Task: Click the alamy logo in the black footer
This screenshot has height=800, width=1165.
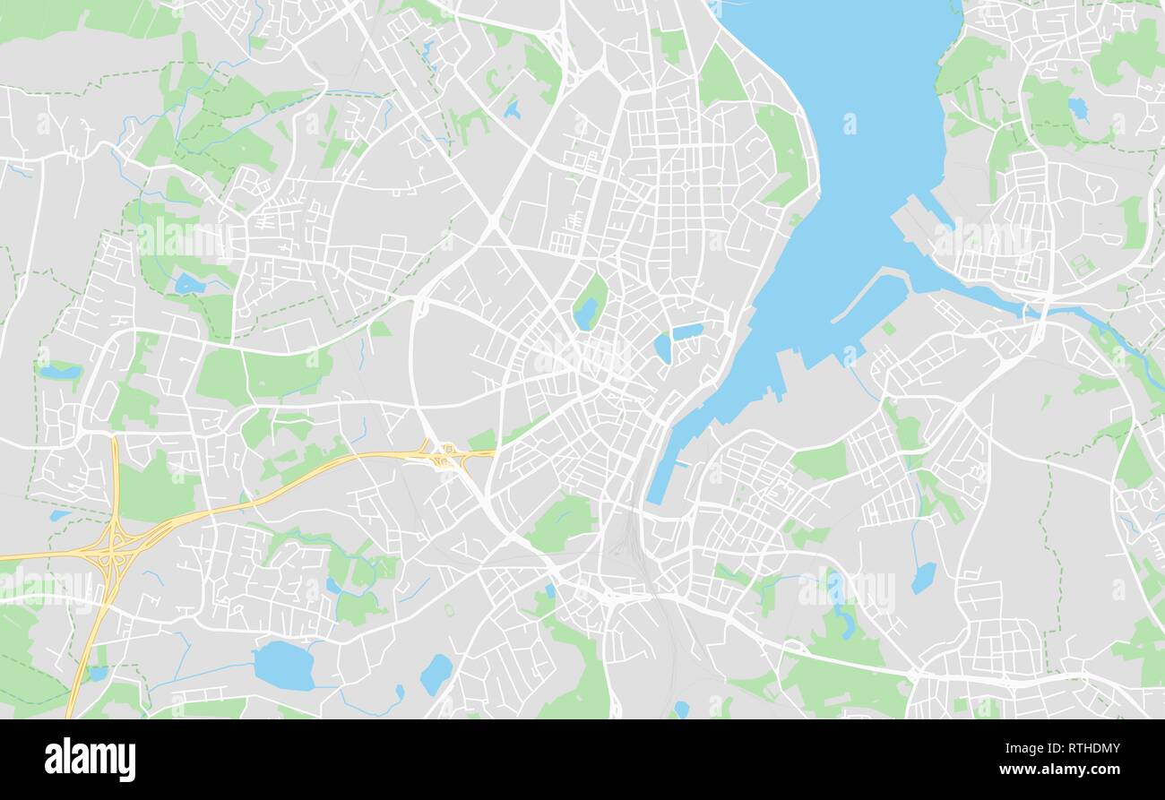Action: point(90,759)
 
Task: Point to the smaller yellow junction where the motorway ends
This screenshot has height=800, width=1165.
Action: point(442,458)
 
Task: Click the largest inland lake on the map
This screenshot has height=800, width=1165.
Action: point(284,666)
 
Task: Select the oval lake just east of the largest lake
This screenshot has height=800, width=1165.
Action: point(436,674)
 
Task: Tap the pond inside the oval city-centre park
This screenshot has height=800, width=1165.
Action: point(585,313)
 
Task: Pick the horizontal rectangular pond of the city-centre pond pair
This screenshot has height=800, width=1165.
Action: point(687,331)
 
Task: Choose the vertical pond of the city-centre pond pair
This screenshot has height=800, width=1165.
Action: point(662,348)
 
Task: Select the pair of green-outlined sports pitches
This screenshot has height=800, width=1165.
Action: point(1083,265)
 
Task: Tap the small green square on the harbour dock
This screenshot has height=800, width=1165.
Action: point(887,329)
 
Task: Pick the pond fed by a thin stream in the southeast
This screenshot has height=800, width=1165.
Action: point(923,578)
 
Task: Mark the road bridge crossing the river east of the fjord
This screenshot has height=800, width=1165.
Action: point(1040,314)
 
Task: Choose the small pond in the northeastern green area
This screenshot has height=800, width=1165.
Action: point(1077,108)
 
